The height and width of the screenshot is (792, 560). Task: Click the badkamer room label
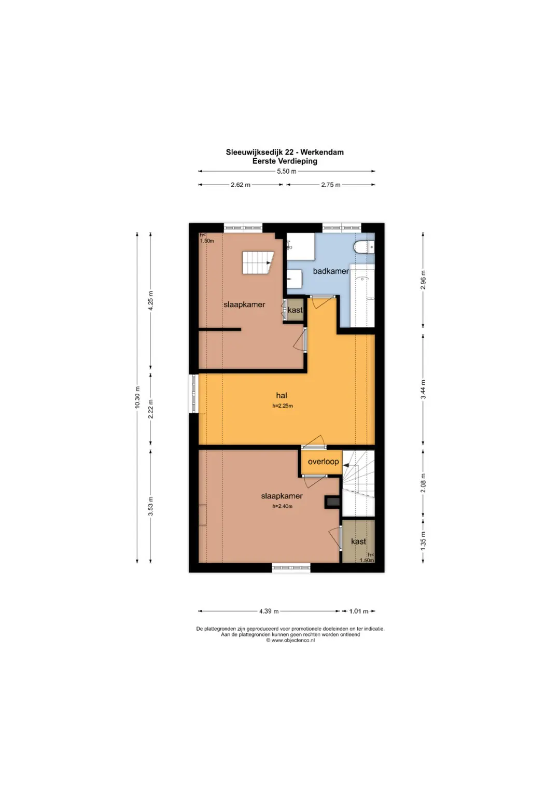(331, 271)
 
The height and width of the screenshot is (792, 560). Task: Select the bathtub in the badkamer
(362, 295)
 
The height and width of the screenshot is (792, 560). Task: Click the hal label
(282, 395)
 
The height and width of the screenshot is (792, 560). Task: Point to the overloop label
(323, 462)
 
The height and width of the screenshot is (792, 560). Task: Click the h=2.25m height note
(283, 406)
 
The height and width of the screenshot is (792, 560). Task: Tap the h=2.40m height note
(282, 506)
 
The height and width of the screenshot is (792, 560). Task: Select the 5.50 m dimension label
(286, 172)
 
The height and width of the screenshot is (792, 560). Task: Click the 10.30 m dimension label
(137, 397)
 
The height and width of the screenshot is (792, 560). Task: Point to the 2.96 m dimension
(423, 280)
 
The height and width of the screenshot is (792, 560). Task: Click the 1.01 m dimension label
(359, 611)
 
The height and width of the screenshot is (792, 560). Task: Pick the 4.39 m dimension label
(269, 611)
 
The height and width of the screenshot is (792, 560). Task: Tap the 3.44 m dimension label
(423, 389)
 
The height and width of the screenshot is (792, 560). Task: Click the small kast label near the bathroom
(295, 310)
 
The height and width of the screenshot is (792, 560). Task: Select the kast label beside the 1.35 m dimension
(358, 541)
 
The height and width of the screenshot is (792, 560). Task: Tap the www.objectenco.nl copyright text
(290, 641)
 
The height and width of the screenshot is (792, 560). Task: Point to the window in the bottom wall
(291, 567)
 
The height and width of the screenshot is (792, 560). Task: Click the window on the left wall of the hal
(194, 394)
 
